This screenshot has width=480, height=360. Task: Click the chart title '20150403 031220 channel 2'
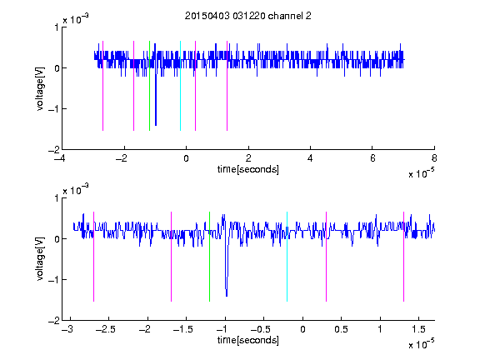coord(248,16)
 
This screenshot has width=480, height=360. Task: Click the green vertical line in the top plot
coord(149,86)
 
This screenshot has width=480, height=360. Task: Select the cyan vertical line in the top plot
coord(180,86)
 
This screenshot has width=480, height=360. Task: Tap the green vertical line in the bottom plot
coord(210,257)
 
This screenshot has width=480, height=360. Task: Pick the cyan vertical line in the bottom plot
coord(287,257)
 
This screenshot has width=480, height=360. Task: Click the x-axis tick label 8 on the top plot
coord(434,158)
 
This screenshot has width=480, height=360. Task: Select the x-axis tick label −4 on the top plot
coord(61,158)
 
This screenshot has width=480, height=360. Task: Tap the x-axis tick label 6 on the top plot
coord(372,158)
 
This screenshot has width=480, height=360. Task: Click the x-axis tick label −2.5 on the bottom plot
coord(105,329)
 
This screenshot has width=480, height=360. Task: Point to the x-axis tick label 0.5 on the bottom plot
coord(342,329)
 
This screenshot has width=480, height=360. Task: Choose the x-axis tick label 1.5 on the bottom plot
coord(419,329)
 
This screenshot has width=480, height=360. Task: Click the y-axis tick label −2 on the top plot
coord(53,150)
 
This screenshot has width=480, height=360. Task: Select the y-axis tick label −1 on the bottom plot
coord(53,280)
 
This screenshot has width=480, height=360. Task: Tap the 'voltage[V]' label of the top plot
coord(40,89)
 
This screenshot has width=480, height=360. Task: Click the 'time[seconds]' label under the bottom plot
coord(248,340)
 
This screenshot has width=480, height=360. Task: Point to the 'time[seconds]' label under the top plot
coord(248,169)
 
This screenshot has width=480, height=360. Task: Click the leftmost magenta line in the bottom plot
coord(93,257)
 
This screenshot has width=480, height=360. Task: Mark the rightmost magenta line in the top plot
coord(227,86)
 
